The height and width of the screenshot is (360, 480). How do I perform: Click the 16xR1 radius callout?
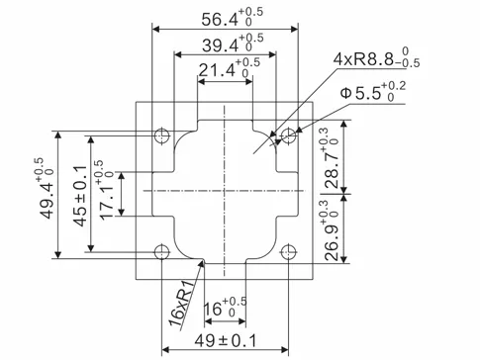point(180,307)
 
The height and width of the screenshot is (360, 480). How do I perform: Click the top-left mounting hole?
point(162,134)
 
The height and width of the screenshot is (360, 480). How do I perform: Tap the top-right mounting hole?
point(287,134)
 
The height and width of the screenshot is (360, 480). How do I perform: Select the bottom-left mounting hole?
point(162,250)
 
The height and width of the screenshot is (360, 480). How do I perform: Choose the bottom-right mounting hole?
point(287,250)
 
